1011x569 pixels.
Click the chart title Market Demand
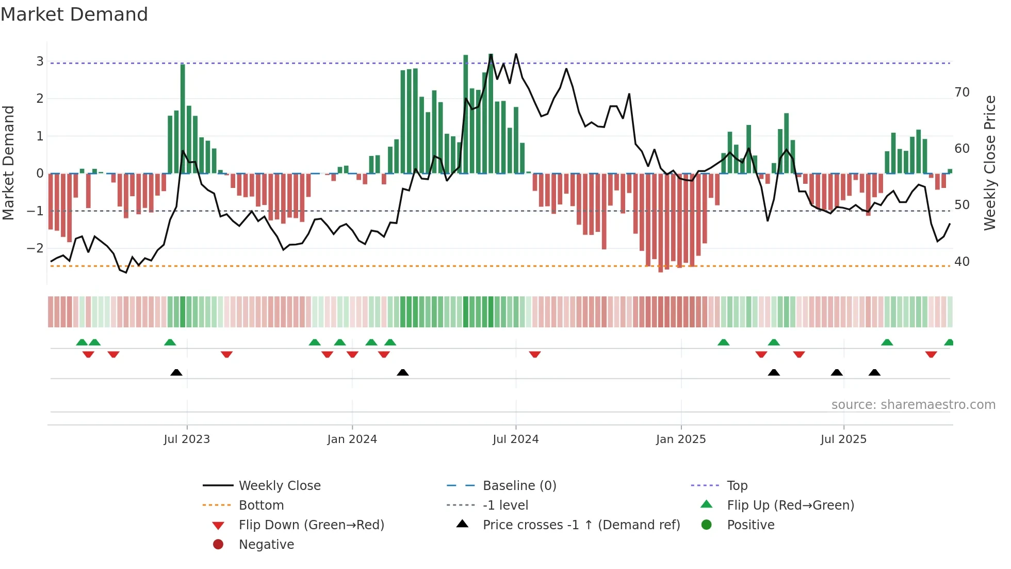click(74, 14)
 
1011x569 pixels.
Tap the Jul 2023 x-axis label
click(187, 439)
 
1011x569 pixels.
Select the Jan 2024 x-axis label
click(352, 439)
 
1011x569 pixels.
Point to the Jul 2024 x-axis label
click(515, 439)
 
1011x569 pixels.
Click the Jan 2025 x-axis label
click(681, 439)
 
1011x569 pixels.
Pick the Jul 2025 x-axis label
click(843, 439)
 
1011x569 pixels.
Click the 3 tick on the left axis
click(40, 61)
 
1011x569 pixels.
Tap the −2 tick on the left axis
click(36, 248)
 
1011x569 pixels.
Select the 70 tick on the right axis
click(962, 92)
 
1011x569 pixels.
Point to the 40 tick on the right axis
click(962, 262)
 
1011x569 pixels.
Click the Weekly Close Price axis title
click(989, 163)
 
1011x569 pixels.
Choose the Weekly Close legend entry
click(280, 486)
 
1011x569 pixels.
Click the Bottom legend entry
click(261, 505)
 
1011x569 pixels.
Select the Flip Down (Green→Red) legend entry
click(311, 525)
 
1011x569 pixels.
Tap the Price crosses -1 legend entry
click(581, 525)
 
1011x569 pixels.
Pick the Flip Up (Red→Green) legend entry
click(790, 505)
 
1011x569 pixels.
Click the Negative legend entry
click(266, 545)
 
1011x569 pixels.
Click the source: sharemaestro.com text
click(913, 405)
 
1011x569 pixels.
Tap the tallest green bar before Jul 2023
click(183, 119)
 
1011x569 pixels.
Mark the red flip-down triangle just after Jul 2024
click(535, 354)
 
